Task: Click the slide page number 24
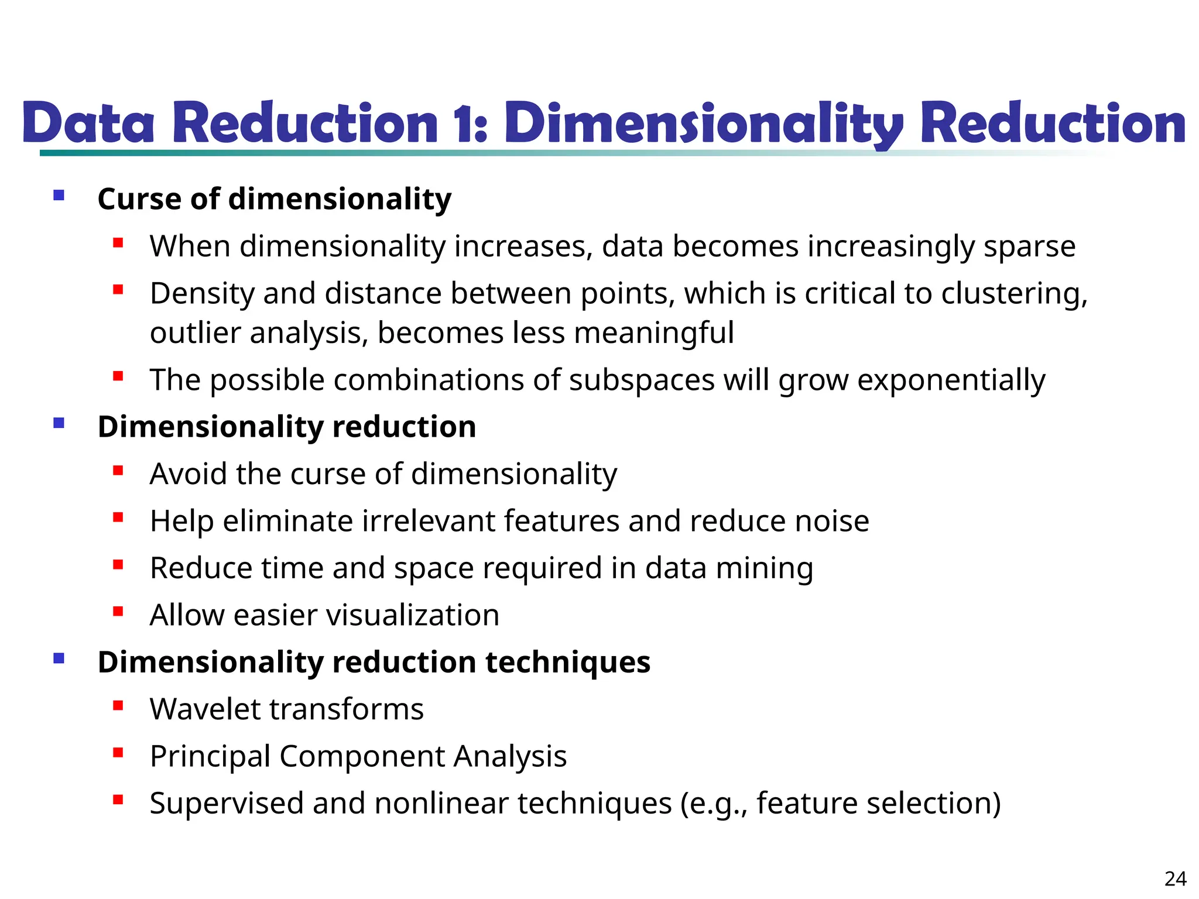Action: [1176, 879]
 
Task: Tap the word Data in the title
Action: [88, 123]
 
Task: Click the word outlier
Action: [195, 333]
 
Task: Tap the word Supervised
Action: [227, 803]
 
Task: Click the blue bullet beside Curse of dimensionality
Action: [59, 195]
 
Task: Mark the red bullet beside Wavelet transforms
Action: [118, 706]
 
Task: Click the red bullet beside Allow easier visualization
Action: [118, 612]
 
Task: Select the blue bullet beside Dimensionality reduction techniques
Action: [59, 658]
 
